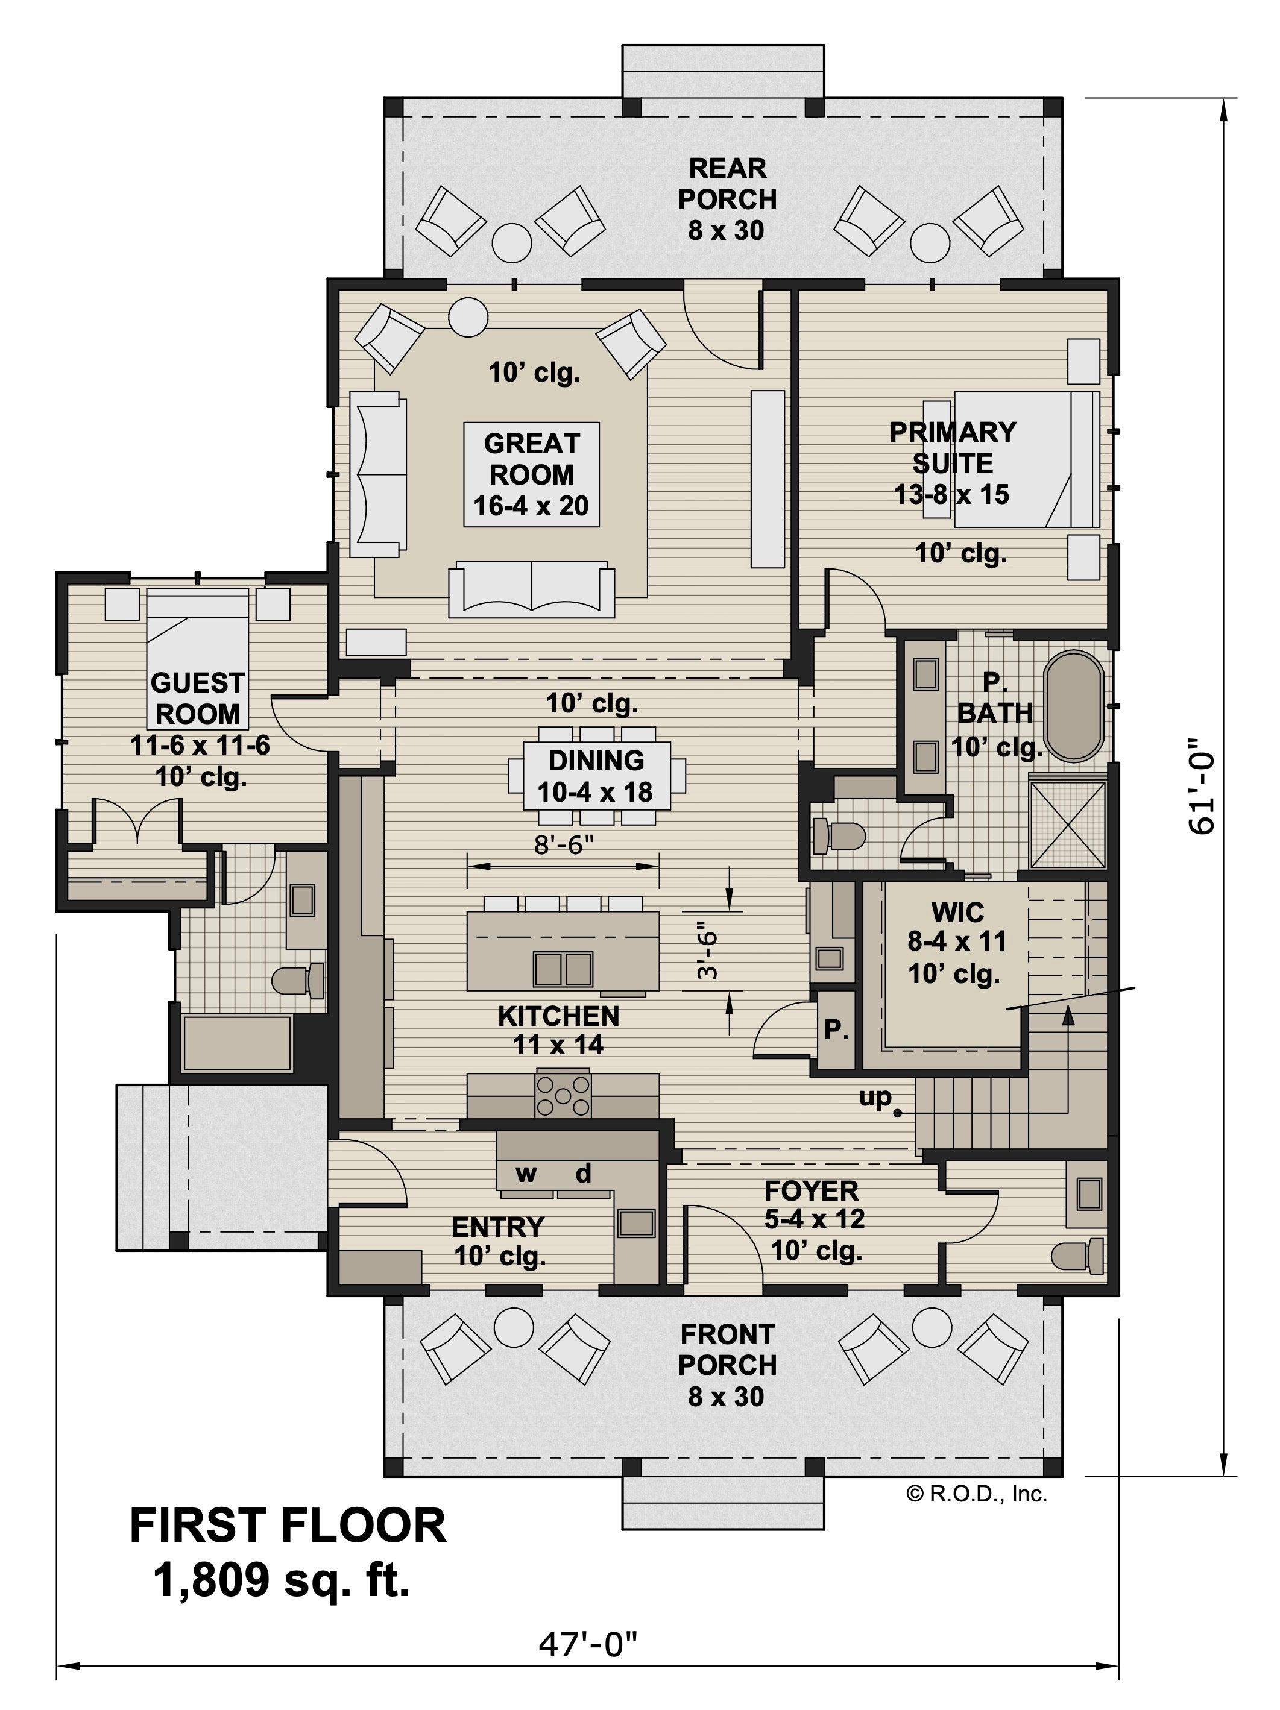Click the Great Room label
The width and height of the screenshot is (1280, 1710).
531,474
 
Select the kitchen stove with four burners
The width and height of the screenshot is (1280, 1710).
563,1094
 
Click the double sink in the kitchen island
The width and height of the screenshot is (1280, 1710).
563,969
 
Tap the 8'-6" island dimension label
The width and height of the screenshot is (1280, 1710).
564,844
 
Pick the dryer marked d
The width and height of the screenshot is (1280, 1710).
583,1173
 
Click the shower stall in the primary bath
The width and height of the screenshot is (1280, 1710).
1068,824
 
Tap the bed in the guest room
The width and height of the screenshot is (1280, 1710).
197,659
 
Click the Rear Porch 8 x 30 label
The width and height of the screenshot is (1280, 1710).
727,199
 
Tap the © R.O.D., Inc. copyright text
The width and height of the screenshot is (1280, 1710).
977,1494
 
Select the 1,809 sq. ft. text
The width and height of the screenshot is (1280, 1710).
282,1579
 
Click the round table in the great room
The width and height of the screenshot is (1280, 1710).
468,317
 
